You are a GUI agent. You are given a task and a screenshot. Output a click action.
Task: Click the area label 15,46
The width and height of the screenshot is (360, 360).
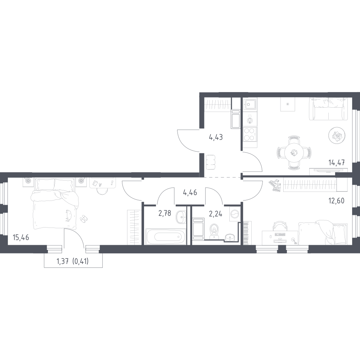[x=21, y=237]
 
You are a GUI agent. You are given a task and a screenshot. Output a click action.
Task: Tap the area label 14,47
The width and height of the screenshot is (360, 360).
[x=337, y=163]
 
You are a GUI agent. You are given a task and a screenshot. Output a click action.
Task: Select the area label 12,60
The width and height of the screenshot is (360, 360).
[x=337, y=201]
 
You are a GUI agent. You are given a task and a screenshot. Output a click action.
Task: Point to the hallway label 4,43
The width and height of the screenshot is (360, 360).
[x=216, y=137]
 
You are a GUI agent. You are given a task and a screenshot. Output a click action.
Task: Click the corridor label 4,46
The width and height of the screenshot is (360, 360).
[x=190, y=192]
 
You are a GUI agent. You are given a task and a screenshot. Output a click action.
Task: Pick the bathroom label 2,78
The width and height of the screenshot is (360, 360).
[x=165, y=213]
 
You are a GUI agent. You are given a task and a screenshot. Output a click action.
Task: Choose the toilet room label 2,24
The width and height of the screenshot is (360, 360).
[x=216, y=214]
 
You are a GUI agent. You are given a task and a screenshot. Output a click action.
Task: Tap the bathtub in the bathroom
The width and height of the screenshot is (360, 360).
[x=166, y=237]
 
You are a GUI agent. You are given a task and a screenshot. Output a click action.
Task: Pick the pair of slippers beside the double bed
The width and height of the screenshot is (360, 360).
[x=83, y=219]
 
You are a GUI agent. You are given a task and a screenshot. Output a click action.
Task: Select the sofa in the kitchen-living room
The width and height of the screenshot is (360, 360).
[x=328, y=109]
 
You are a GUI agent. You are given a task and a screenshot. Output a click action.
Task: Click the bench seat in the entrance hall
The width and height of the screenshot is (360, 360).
[x=211, y=162]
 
